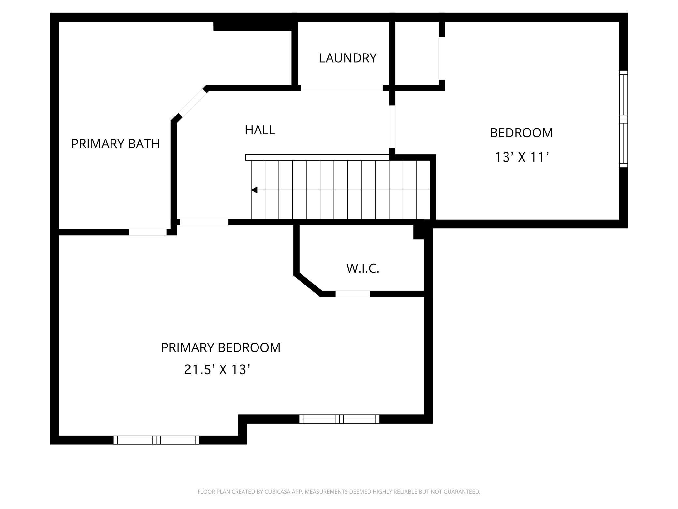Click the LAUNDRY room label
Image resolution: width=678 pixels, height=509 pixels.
click(x=348, y=58)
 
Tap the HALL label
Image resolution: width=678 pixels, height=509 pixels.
click(x=260, y=130)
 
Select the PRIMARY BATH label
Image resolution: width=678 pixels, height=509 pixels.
click(x=115, y=144)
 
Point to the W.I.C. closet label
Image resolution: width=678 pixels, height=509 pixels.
click(x=363, y=269)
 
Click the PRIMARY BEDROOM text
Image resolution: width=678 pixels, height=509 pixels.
click(x=221, y=348)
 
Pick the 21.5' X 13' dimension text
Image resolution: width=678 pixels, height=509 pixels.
click(x=217, y=370)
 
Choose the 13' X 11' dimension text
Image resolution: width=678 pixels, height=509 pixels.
click(x=522, y=157)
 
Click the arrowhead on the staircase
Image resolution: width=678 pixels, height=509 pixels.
click(x=254, y=190)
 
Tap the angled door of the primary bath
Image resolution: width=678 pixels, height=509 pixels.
click(x=192, y=103)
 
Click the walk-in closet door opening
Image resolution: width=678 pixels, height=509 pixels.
click(x=353, y=294)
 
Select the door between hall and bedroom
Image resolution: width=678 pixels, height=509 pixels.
click(x=392, y=127)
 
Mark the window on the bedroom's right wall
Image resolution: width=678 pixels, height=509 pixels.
click(x=623, y=119)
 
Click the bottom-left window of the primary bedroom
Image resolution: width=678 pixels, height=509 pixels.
click(x=156, y=440)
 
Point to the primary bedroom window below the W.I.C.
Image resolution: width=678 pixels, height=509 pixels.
click(x=339, y=419)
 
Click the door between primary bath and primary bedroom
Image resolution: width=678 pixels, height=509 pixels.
click(x=148, y=232)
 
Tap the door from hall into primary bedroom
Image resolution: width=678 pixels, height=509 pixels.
click(x=204, y=222)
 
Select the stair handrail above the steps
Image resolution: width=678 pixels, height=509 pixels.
click(x=317, y=157)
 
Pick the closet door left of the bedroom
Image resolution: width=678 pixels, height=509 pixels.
click(x=442, y=58)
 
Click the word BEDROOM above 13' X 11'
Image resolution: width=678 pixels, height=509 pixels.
click(x=521, y=133)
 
